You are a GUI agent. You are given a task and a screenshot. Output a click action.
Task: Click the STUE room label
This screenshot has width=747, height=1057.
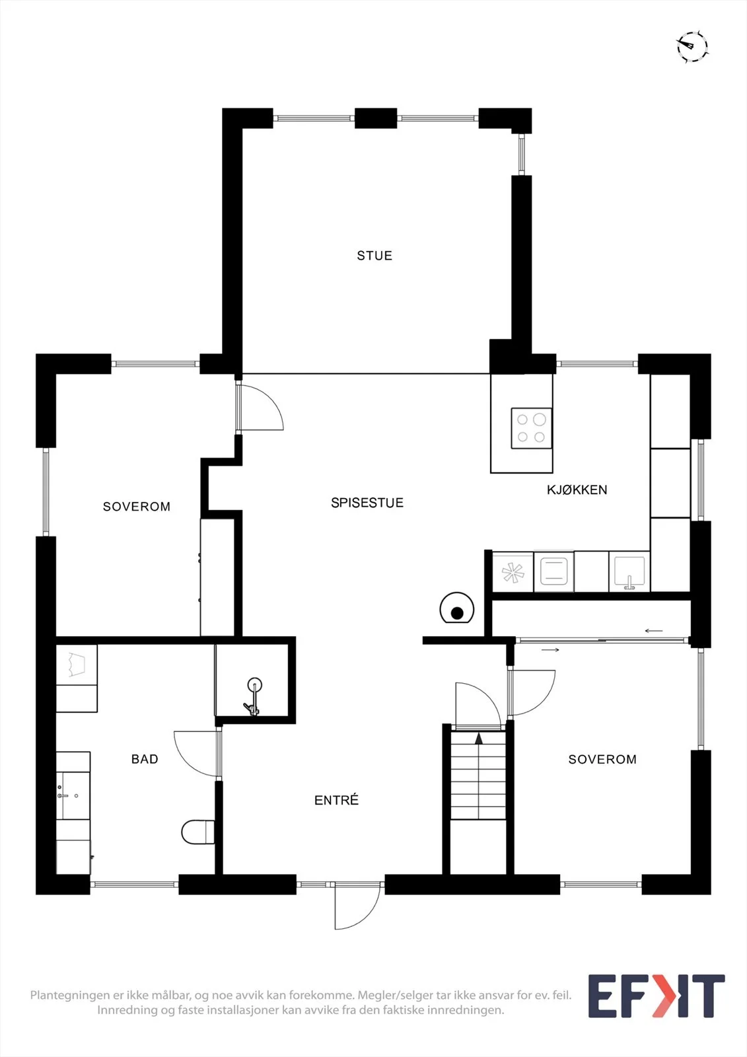coord(374,256)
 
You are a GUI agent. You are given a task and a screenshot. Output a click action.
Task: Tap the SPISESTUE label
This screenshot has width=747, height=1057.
coord(367,503)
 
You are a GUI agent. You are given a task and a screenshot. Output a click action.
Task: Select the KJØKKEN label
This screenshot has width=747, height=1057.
coord(577,490)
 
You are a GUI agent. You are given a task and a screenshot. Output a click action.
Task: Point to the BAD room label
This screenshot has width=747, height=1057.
coord(145,759)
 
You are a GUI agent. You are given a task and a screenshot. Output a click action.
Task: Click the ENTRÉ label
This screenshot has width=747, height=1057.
coord(336,800)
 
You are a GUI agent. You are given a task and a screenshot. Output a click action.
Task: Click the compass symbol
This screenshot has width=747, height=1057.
coord(692,47)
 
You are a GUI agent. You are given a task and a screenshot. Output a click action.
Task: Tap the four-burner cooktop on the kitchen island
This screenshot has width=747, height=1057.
coord(531,428)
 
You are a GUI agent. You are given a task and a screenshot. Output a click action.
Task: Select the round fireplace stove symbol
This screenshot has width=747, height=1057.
coord(457,608)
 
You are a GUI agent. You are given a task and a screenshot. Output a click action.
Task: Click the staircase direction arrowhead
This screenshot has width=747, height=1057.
coord(478,739)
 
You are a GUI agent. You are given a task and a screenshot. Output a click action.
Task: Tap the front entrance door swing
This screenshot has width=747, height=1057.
coord(357,912)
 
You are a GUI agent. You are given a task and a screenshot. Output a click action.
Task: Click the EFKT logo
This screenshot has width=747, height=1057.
coord(657,996)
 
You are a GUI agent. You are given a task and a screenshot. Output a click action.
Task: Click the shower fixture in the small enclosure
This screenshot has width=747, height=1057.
coord(253,698)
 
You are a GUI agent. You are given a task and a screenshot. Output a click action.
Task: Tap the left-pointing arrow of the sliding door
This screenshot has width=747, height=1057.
coord(654,630)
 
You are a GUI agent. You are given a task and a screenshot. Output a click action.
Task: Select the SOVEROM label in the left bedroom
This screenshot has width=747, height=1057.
coord(136,507)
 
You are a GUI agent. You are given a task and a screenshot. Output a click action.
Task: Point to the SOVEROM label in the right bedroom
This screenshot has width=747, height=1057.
coord(602,759)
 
